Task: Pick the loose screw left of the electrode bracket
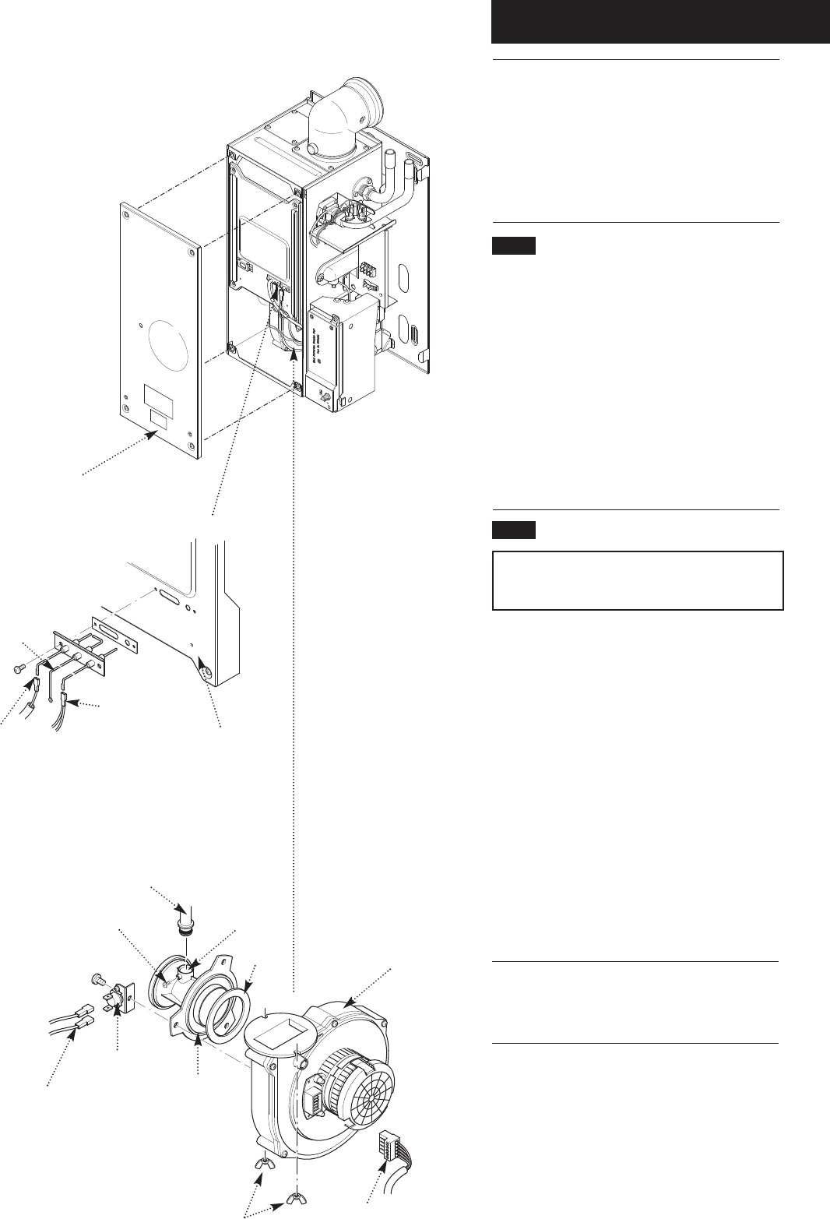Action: [19, 668]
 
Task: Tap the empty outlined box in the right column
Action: [637, 580]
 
